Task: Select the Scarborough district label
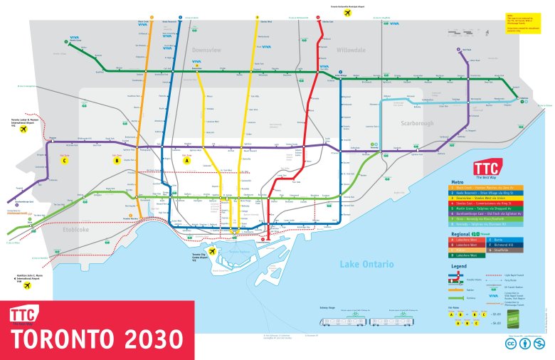coord(417,123)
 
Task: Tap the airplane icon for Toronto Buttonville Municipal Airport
coord(347,13)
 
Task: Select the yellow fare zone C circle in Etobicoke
coord(65,160)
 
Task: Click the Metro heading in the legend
coord(458,181)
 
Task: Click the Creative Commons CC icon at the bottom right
coord(510,343)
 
